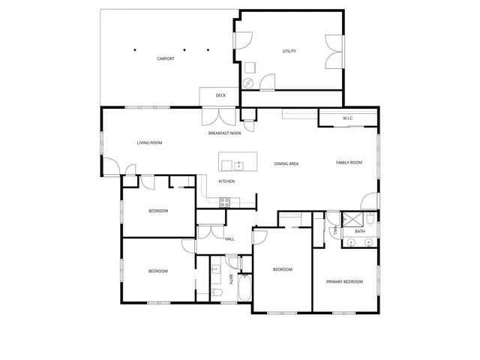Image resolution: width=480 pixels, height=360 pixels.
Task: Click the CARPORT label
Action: tap(165, 58)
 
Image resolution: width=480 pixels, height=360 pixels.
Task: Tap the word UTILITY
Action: tap(289, 51)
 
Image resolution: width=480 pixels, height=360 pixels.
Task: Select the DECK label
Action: tap(220, 96)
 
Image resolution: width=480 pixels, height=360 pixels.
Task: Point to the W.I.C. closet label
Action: tap(348, 118)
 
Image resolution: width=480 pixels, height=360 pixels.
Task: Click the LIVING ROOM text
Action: tap(150, 142)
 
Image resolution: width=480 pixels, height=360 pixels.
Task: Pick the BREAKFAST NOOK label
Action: tap(225, 133)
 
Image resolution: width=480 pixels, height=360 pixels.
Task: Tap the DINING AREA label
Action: tap(286, 163)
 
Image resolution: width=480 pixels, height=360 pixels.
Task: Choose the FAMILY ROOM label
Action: tap(349, 162)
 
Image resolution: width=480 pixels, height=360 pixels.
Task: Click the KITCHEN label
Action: tap(226, 181)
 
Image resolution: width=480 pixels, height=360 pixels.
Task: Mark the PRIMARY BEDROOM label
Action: tap(344, 282)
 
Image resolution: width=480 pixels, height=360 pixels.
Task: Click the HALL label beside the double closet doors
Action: tap(229, 239)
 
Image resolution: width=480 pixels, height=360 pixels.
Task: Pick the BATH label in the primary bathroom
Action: tap(360, 232)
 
